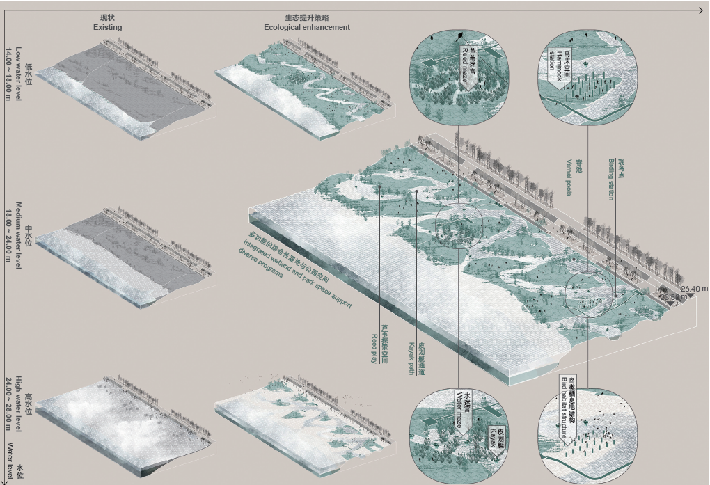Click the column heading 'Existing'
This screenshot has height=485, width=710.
click(107, 27)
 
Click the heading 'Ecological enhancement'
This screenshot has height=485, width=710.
click(306, 27)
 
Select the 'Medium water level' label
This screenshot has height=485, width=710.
click(19, 236)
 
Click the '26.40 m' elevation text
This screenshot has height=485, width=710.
click(694, 288)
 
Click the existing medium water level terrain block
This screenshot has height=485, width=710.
click(125, 257)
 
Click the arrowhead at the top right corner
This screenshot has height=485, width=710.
click(703, 10)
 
